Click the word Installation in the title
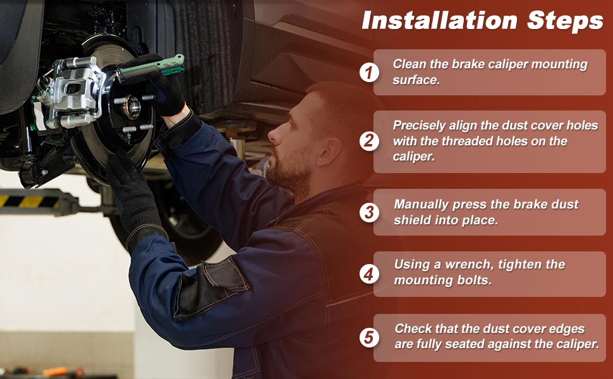coord(440,20)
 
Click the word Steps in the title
coord(566,20)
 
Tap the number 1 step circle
coord(369,72)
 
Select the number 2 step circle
coord(369,141)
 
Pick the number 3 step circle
coord(369,212)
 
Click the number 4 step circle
coord(369,274)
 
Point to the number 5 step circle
coord(369,337)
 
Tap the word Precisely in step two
coord(419,126)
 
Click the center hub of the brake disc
coord(131,107)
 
